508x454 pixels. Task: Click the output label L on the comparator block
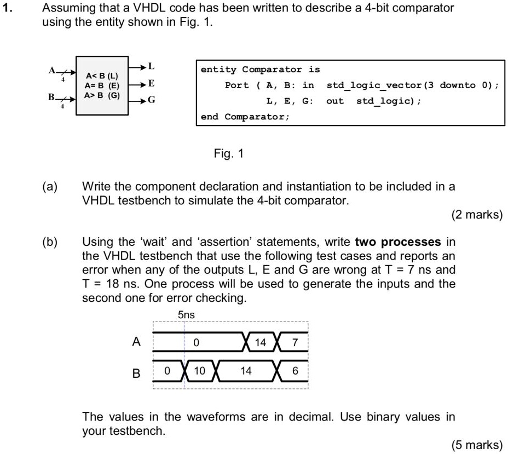pyautogui.click(x=151, y=66)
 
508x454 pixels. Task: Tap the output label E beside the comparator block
pyautogui.click(x=151, y=83)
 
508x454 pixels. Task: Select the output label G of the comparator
pyautogui.click(x=151, y=100)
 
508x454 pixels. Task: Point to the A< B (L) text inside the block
pyautogui.click(x=102, y=76)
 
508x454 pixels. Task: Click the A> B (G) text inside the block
pyautogui.click(x=102, y=95)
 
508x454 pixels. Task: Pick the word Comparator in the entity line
pyautogui.click(x=272, y=70)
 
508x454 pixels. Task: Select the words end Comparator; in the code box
pyautogui.click(x=245, y=117)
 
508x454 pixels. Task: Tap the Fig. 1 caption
pyautogui.click(x=228, y=153)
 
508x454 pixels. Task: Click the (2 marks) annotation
pyautogui.click(x=477, y=215)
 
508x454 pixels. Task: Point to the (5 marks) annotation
pyautogui.click(x=477, y=445)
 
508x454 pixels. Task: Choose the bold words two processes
pyautogui.click(x=398, y=242)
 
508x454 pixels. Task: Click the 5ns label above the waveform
pyautogui.click(x=186, y=315)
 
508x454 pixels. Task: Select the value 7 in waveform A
pyautogui.click(x=295, y=342)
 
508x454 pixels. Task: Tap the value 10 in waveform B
pyautogui.click(x=200, y=371)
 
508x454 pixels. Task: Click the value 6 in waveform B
pyautogui.click(x=295, y=371)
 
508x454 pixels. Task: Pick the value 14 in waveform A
pyautogui.click(x=260, y=342)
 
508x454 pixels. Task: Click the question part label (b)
pyautogui.click(x=50, y=242)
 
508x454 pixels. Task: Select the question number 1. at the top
pyautogui.click(x=7, y=8)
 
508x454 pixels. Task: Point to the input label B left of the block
pyautogui.click(x=51, y=97)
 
